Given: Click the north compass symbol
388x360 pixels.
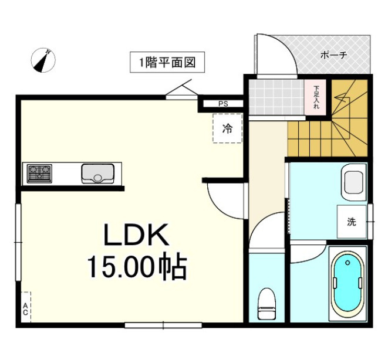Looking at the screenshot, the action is pos(43,60).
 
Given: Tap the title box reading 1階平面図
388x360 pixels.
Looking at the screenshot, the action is pos(167,62).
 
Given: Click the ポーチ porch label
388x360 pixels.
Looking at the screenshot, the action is pos(334,55).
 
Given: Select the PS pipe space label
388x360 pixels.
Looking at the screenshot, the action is pos(223,104).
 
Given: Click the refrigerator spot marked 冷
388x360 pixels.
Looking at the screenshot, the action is pos(227,128).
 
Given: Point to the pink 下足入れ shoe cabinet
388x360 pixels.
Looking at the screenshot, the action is pos(315,97).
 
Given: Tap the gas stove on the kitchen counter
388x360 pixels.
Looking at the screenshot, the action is pos(39,174).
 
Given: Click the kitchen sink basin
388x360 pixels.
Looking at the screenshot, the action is pos(98,174).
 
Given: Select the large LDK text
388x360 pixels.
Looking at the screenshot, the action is pos(136,235).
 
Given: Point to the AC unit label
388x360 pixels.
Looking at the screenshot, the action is pos(25,309).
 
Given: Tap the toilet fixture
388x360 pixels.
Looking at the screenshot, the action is pos(266,304).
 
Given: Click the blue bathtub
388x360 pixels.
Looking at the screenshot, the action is pos(348,284).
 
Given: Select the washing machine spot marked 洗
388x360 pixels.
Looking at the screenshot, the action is pos(352,222).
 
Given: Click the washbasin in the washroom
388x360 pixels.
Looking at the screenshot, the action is pos(354,182).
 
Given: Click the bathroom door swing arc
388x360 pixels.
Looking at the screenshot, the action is pos(313,258).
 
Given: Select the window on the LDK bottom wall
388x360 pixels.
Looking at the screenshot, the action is pos(163,325).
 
